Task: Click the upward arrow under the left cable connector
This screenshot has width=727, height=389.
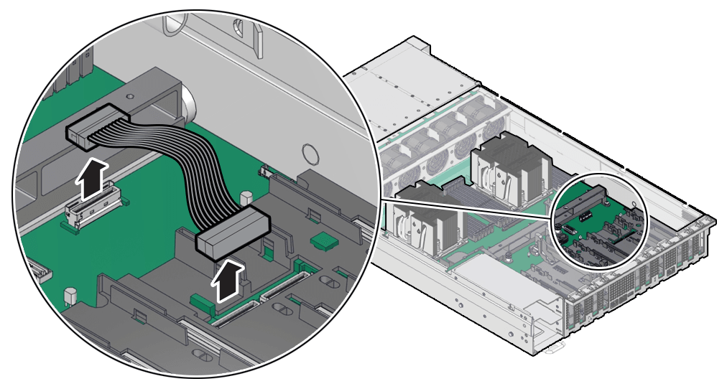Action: click(92, 180)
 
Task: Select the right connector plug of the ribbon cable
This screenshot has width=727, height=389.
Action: click(232, 234)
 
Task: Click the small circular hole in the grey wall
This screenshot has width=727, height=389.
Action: click(310, 153)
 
